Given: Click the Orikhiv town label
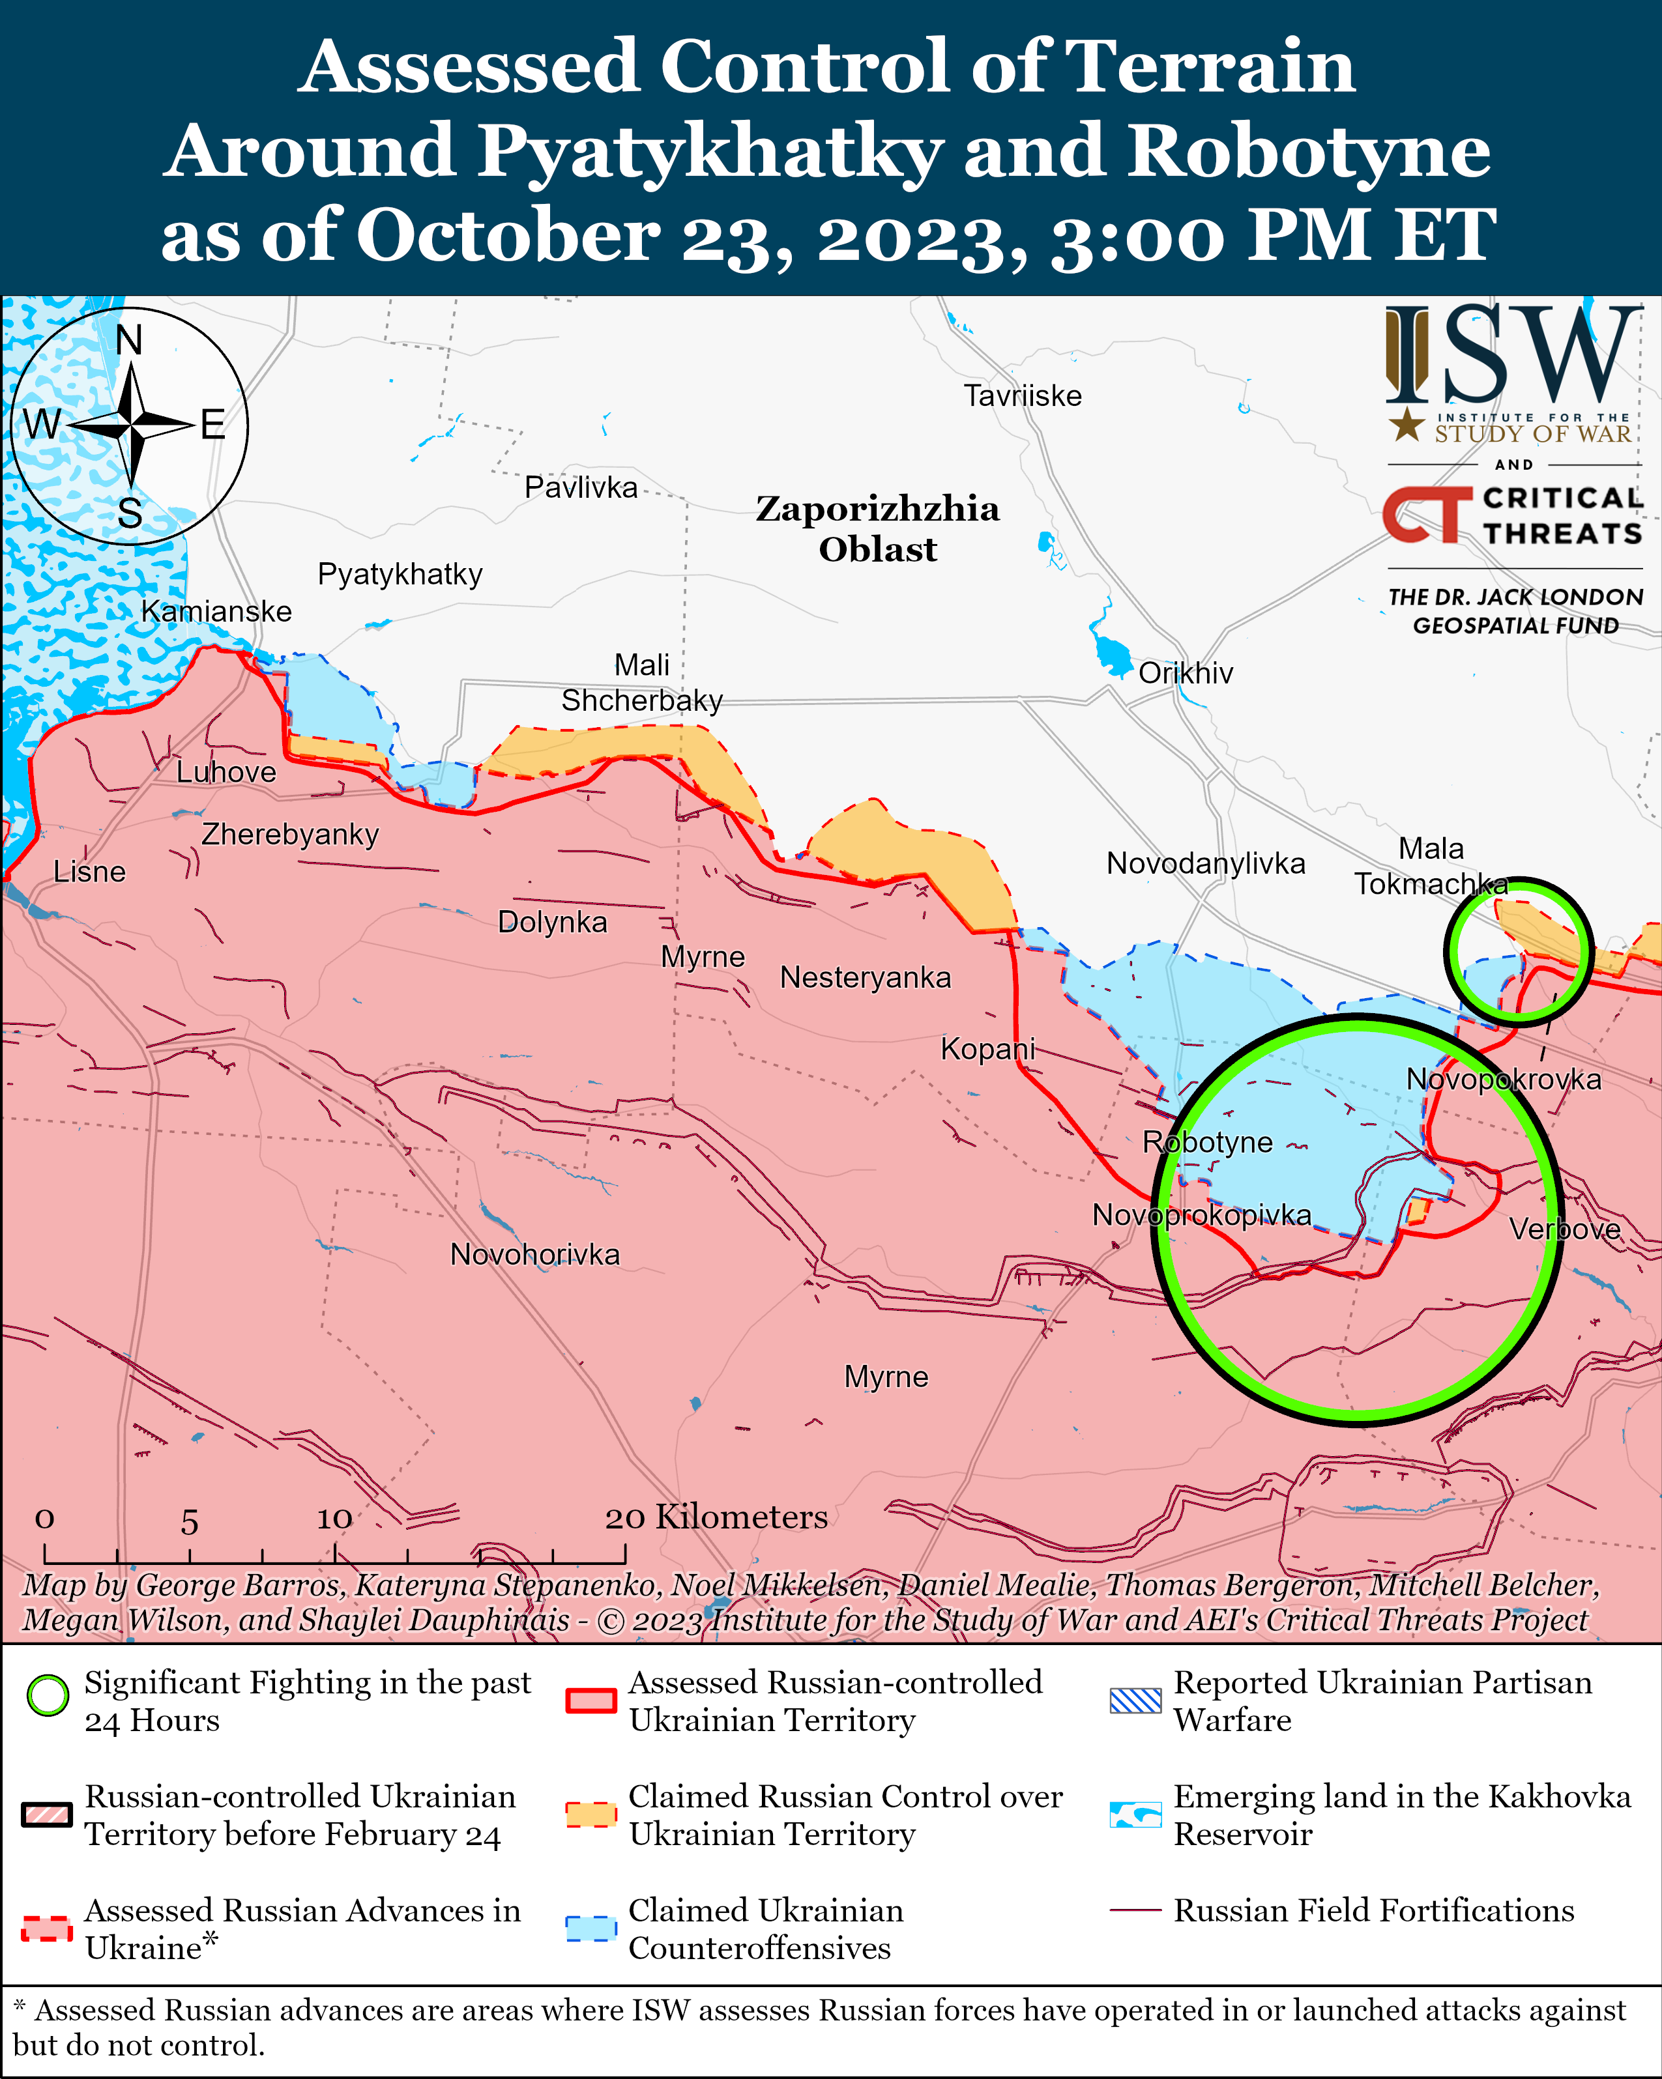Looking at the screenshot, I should point(1186,673).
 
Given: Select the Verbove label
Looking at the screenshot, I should point(1565,1229).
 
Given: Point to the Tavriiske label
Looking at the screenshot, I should point(1023,395).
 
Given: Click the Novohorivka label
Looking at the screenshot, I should point(534,1255).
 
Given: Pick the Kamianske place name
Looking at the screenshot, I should point(216,611).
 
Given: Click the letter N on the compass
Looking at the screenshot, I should point(128,340).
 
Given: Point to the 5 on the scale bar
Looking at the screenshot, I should point(189,1523).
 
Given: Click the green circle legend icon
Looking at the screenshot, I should point(48,1695).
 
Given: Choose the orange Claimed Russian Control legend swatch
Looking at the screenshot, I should point(590,1814).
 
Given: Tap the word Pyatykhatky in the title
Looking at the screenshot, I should point(709,151).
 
